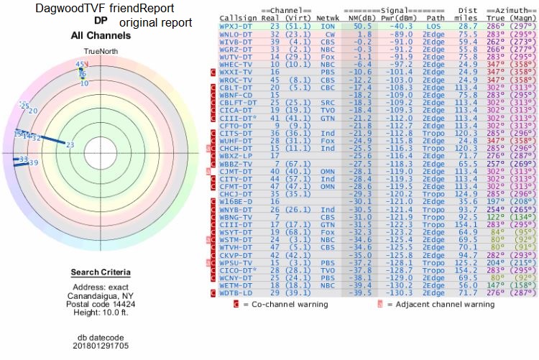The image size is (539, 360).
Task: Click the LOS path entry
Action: tap(430, 25)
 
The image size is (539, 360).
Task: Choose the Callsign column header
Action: tap(239, 17)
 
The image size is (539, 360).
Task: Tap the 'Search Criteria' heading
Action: tap(100, 272)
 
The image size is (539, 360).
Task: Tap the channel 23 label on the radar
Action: tap(70, 145)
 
